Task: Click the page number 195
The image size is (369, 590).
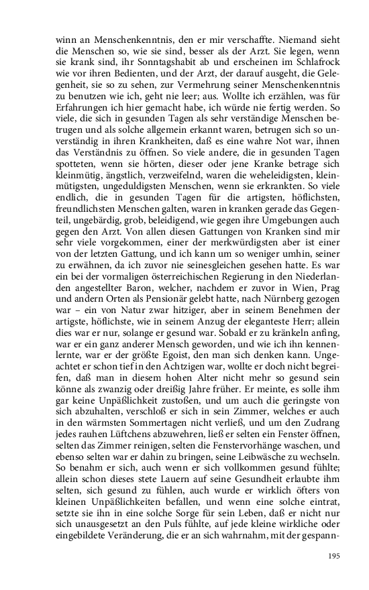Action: [x=335, y=556]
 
